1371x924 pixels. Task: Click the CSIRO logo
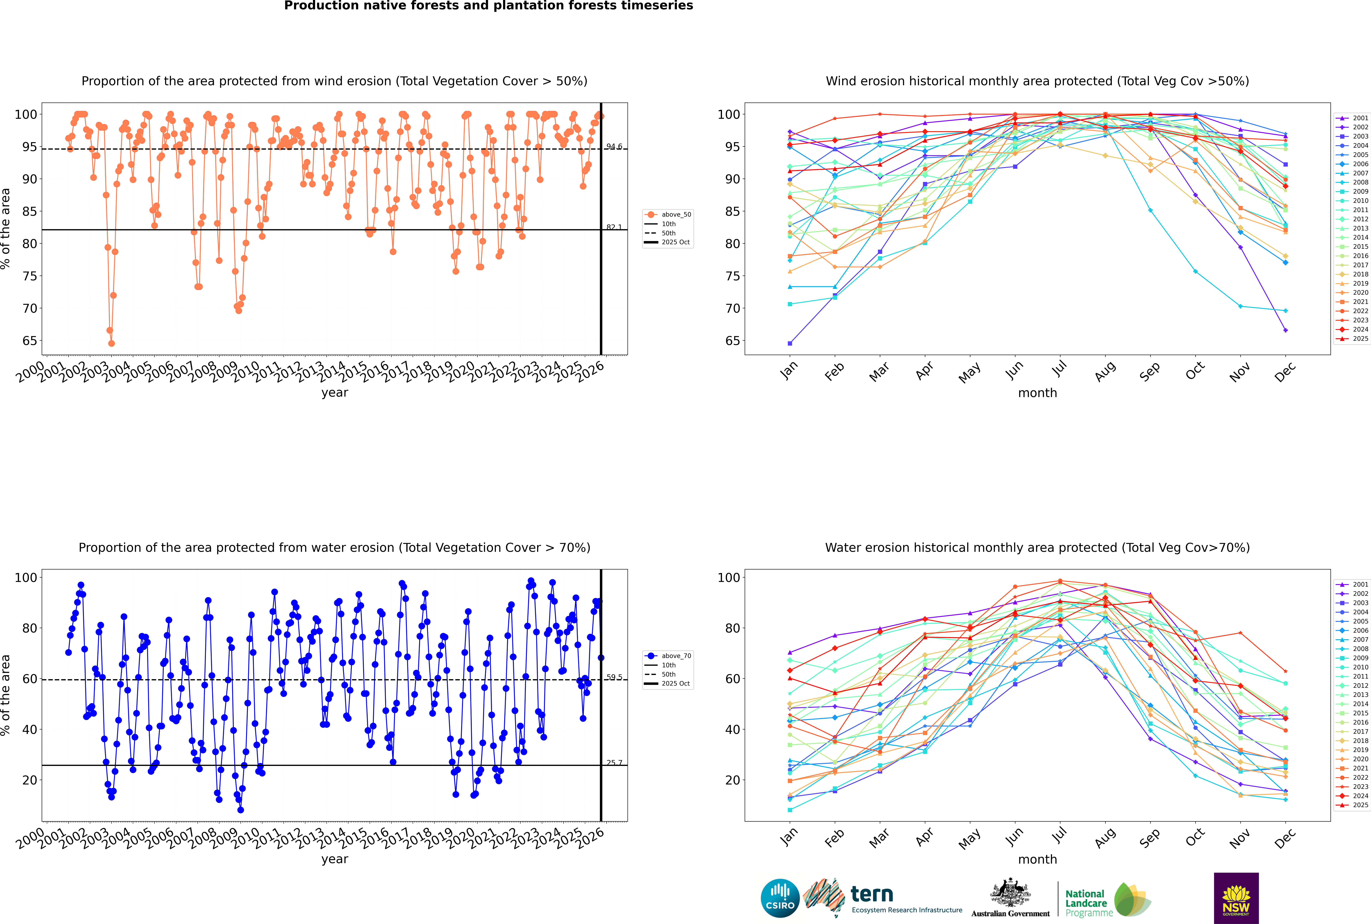(x=780, y=898)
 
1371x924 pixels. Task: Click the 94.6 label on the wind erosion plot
(x=614, y=147)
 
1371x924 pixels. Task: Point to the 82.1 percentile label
(x=614, y=227)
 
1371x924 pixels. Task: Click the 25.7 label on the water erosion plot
(x=614, y=763)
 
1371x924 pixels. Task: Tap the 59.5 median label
(x=614, y=678)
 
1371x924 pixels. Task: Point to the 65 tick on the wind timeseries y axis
(x=29, y=341)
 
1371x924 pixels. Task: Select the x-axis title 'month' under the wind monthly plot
(x=1037, y=393)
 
